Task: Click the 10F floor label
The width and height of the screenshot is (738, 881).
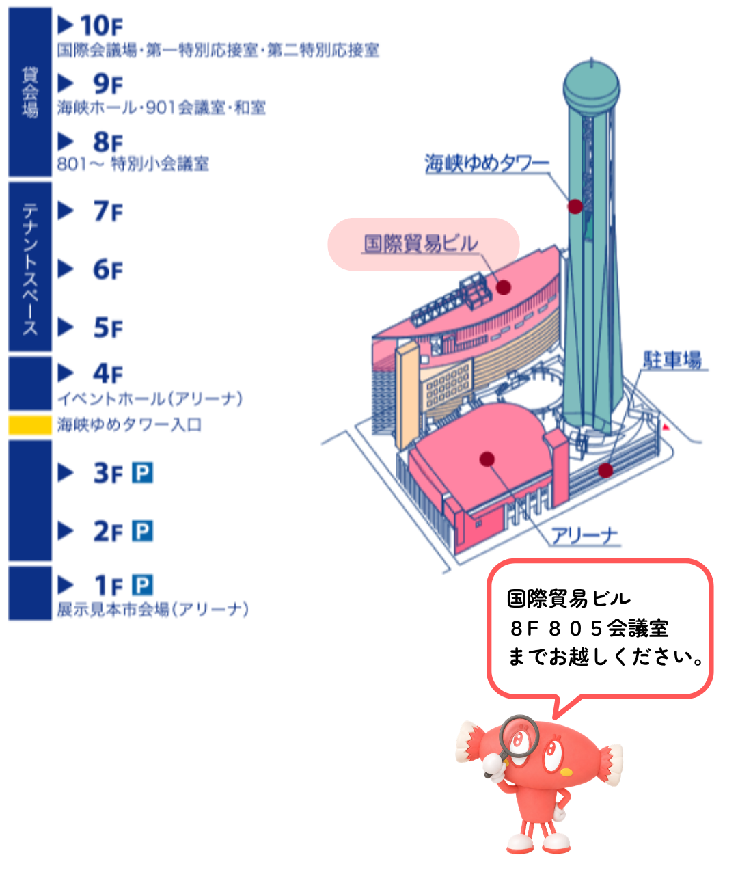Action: click(101, 26)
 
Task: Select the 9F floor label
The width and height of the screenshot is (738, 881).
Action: click(108, 83)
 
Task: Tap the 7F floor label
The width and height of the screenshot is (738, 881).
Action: click(108, 211)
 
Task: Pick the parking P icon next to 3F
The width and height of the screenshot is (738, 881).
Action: click(142, 472)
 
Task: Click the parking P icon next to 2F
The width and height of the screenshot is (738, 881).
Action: click(142, 531)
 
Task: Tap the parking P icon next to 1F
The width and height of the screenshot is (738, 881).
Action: click(142, 585)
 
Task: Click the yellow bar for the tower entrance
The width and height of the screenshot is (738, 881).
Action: click(30, 425)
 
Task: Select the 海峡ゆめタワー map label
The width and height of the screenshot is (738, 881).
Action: click(487, 163)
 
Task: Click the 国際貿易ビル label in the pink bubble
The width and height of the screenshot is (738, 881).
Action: click(421, 243)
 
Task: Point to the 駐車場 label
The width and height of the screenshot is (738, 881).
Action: click(672, 360)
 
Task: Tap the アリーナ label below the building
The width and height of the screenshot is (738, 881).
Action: click(585, 537)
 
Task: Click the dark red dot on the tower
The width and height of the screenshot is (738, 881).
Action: click(575, 206)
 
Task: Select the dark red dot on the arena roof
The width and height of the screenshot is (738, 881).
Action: click(487, 459)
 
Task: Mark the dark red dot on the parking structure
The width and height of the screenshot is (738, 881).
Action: click(605, 470)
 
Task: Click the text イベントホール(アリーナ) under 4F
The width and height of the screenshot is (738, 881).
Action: click(150, 398)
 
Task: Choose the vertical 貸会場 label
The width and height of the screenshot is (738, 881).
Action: click(30, 92)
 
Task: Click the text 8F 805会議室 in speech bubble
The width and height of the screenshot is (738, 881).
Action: click(589, 629)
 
